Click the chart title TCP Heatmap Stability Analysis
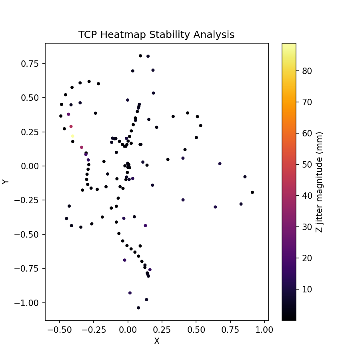click(x=156, y=35)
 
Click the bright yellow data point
click(x=72, y=136)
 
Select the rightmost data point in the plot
click(x=252, y=192)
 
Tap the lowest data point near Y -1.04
click(x=138, y=308)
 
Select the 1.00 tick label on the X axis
click(x=264, y=330)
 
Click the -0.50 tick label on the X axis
click(x=60, y=330)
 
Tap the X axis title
click(x=157, y=341)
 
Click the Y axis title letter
click(x=6, y=182)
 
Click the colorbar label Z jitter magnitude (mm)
click(x=319, y=182)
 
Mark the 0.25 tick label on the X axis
click(x=162, y=330)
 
